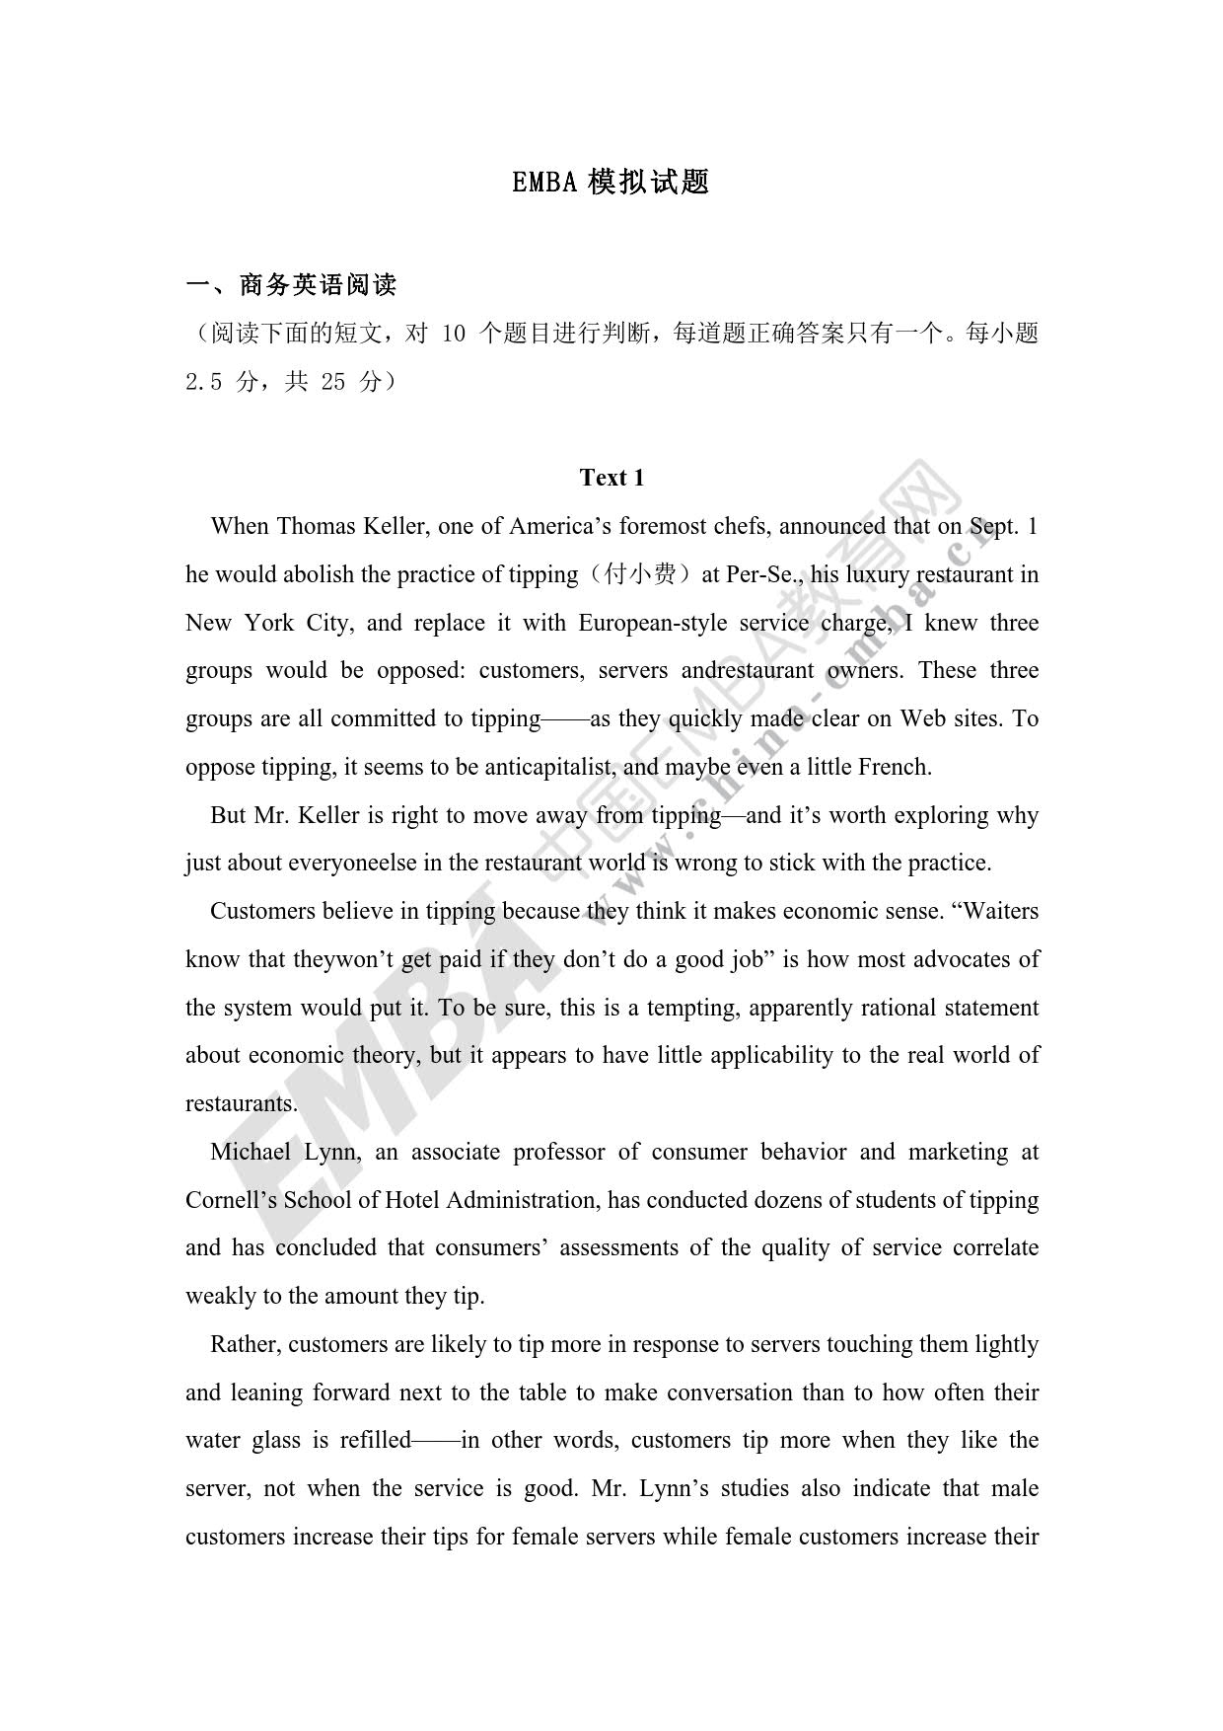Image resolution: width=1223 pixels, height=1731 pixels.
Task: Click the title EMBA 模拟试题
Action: pos(611,182)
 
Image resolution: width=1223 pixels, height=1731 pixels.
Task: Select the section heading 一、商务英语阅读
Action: pos(291,285)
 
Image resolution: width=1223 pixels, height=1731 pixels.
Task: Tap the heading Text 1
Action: pos(611,478)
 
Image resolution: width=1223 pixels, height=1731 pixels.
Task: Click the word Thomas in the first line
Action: pos(317,526)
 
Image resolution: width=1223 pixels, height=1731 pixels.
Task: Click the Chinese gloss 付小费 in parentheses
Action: pos(640,574)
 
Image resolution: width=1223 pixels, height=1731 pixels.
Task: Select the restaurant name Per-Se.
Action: pos(759,574)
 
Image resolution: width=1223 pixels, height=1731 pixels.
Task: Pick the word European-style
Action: pos(653,623)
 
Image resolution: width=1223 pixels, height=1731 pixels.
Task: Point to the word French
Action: pos(894,767)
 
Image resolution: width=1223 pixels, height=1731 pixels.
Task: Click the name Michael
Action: pos(250,1152)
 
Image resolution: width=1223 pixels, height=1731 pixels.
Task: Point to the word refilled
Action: pos(375,1441)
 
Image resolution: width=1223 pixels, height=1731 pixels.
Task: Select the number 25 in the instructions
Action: pos(333,382)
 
